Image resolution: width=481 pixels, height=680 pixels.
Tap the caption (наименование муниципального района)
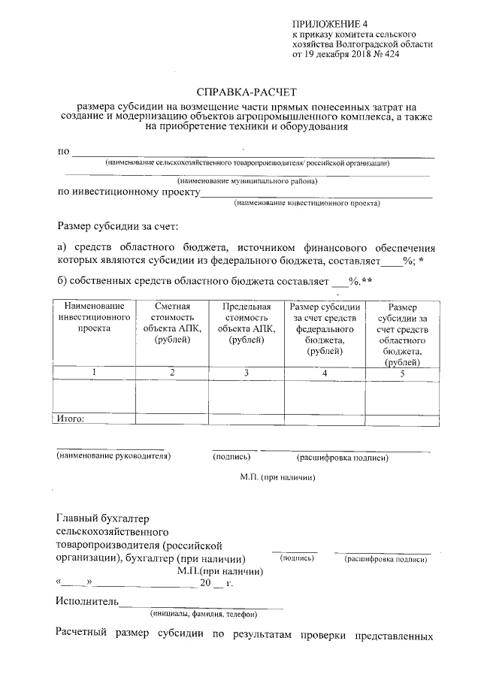[x=247, y=181]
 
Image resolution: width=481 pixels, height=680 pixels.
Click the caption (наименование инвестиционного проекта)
[x=307, y=203]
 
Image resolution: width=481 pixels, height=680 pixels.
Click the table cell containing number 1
[x=94, y=373]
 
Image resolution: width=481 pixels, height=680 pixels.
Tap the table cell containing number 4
[x=325, y=373]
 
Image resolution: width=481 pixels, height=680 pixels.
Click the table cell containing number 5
[x=402, y=373]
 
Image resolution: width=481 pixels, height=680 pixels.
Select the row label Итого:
[x=70, y=419]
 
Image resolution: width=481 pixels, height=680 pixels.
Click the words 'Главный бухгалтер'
[x=104, y=518]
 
